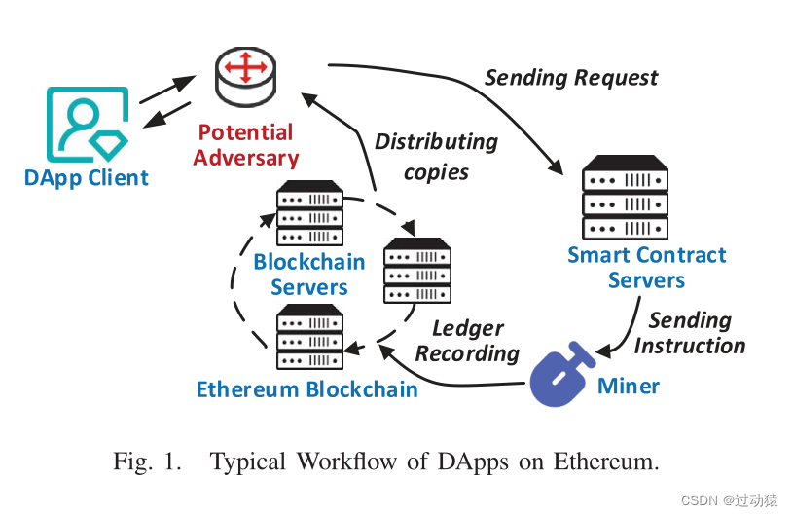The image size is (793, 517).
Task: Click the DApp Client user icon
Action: [x=87, y=125]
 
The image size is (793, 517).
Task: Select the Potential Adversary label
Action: [x=245, y=145]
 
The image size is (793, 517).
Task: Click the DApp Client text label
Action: [x=87, y=178]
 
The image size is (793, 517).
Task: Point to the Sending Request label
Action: [x=571, y=78]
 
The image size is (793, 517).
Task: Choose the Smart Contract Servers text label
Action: [x=646, y=268]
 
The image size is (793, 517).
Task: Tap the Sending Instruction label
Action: [x=690, y=333]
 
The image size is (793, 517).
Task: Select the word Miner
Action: [x=628, y=386]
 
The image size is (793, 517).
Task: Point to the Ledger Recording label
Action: [x=467, y=341]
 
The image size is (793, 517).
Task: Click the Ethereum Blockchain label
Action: [x=306, y=389]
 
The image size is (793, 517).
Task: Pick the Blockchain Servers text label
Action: [x=308, y=275]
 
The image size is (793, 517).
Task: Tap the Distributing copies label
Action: [x=436, y=157]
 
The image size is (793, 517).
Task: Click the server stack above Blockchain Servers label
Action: [x=309, y=213]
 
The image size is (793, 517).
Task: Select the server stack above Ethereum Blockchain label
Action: [x=309, y=337]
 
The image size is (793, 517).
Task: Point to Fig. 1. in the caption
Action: [x=147, y=462]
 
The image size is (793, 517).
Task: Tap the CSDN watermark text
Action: [x=729, y=500]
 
